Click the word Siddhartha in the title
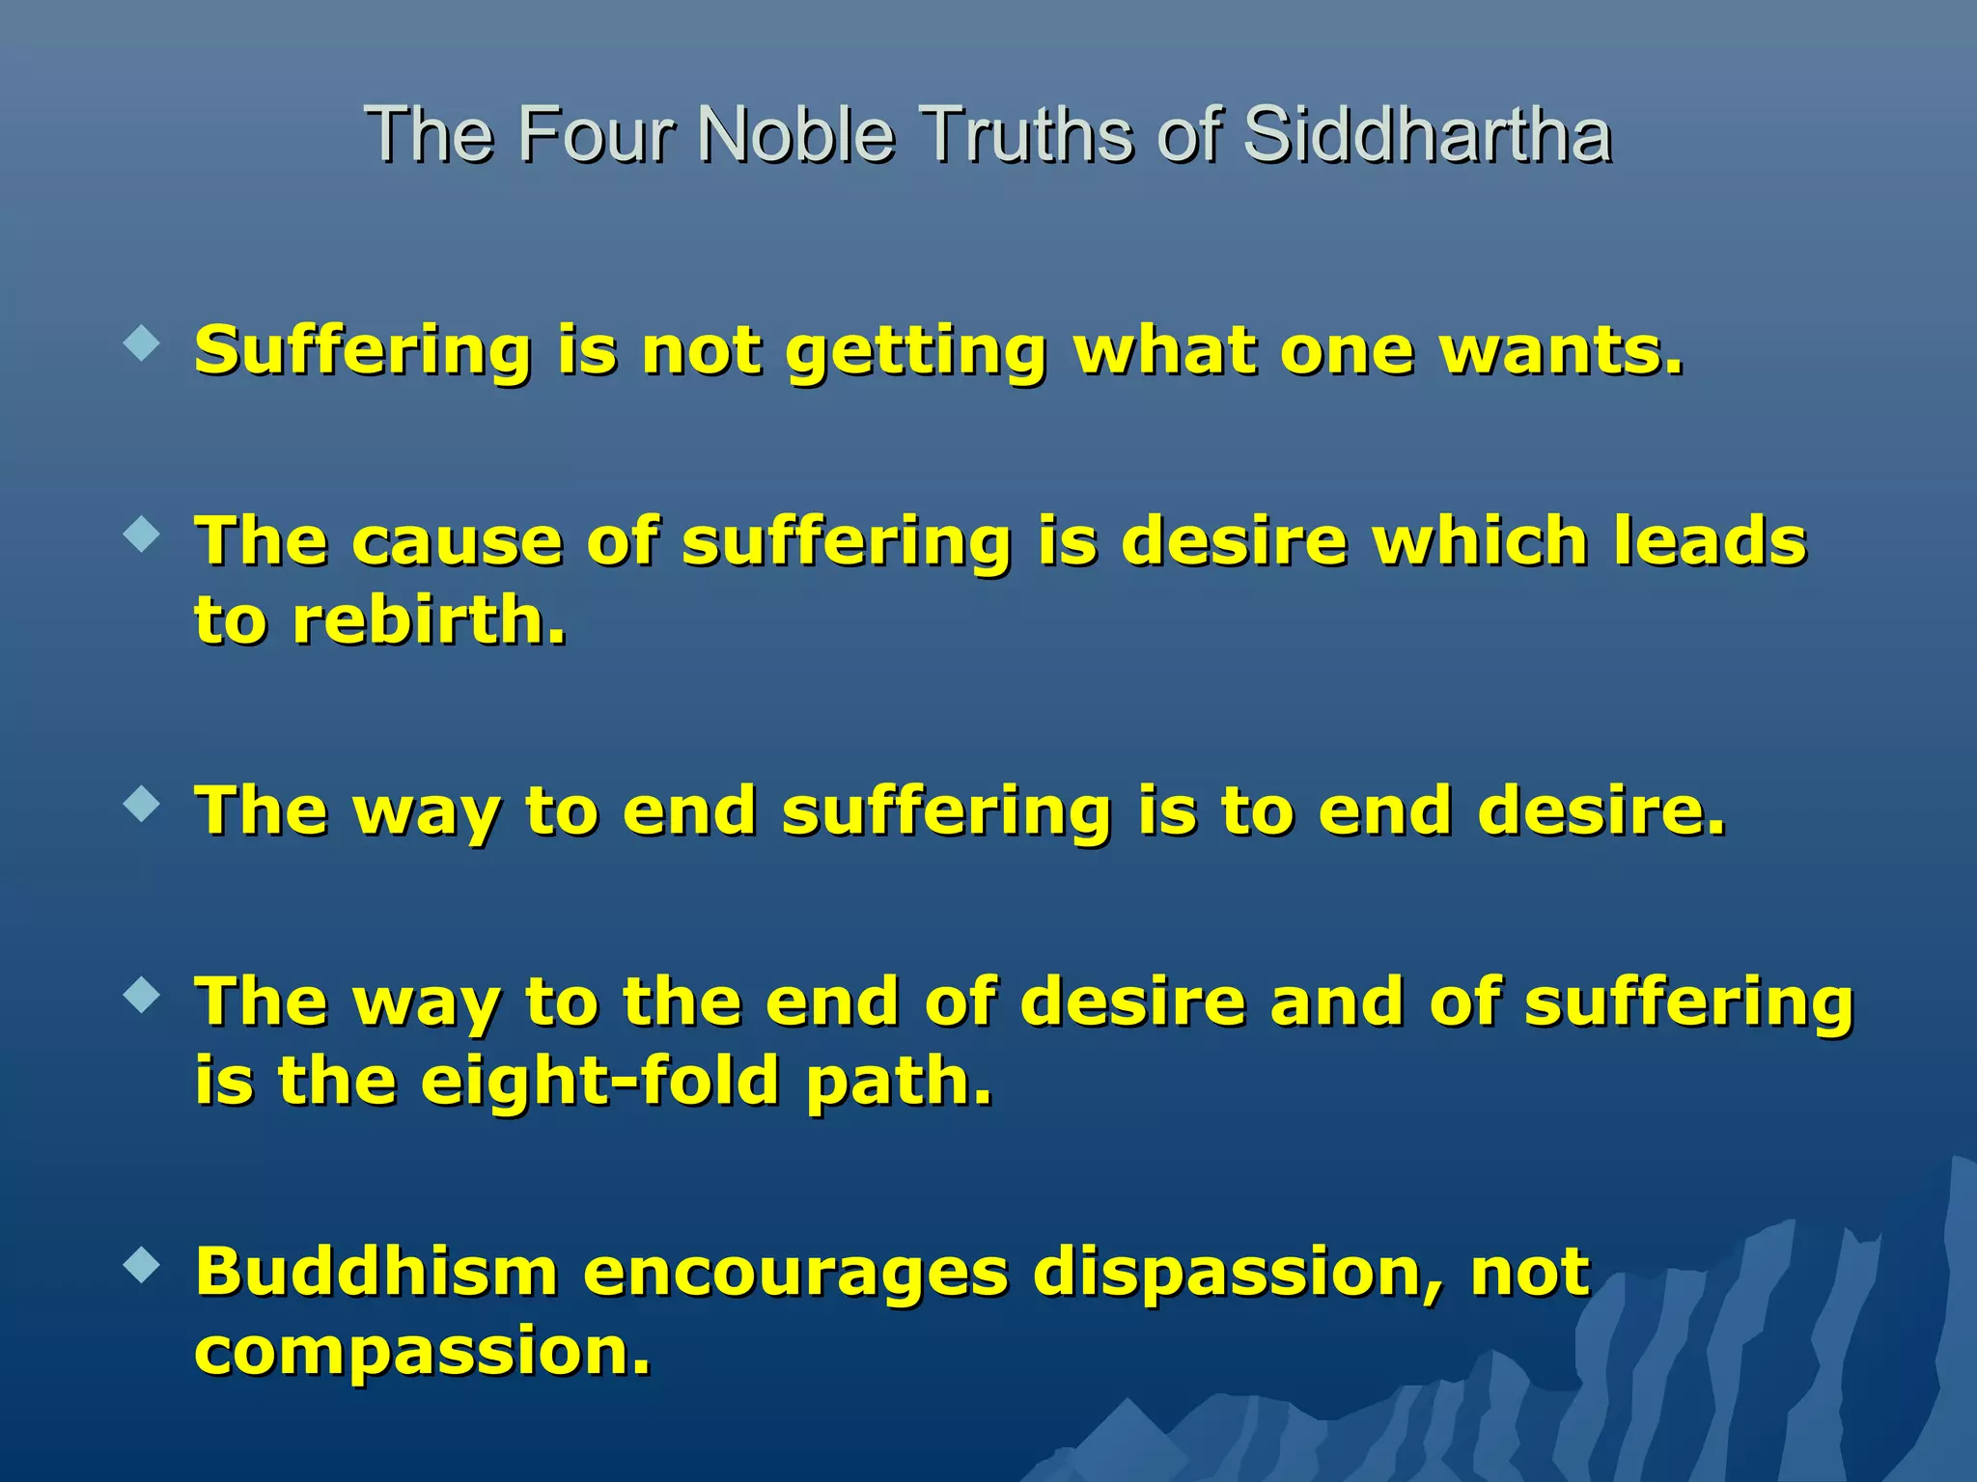coord(1427,134)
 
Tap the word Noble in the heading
coord(796,134)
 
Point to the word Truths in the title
coord(1026,134)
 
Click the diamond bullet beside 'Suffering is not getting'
coord(142,343)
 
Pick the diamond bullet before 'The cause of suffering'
coord(142,535)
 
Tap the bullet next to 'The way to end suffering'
coord(142,804)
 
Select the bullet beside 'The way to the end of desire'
coord(142,996)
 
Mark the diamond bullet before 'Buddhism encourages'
coord(142,1265)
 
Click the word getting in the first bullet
coord(916,351)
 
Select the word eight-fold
coord(599,1082)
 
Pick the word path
coord(899,1082)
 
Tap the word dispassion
coord(1238,1274)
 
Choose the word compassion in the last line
coord(422,1353)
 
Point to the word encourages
coord(795,1274)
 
